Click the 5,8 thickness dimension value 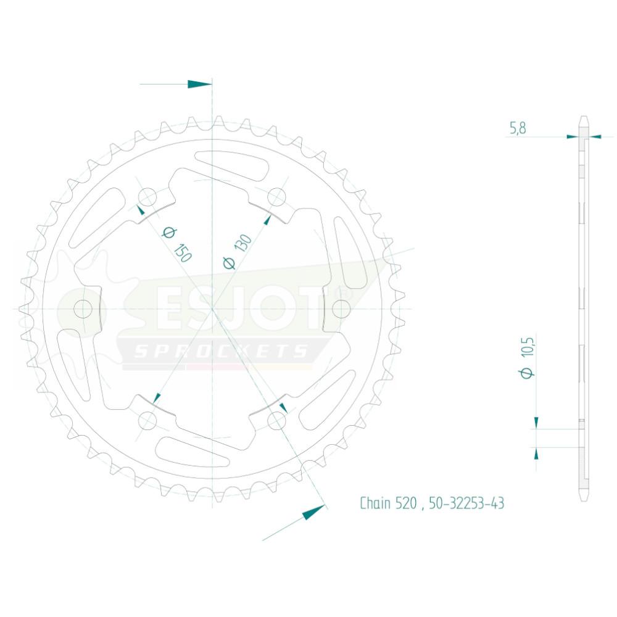point(518,128)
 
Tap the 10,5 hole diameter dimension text point(528,347)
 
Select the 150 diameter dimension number point(182,253)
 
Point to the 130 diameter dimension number point(242,242)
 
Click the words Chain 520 point(388,503)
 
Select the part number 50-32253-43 point(466,503)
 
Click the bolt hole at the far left point(83,308)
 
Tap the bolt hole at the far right point(341,308)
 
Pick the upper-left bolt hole point(147,197)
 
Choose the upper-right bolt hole point(276,197)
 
